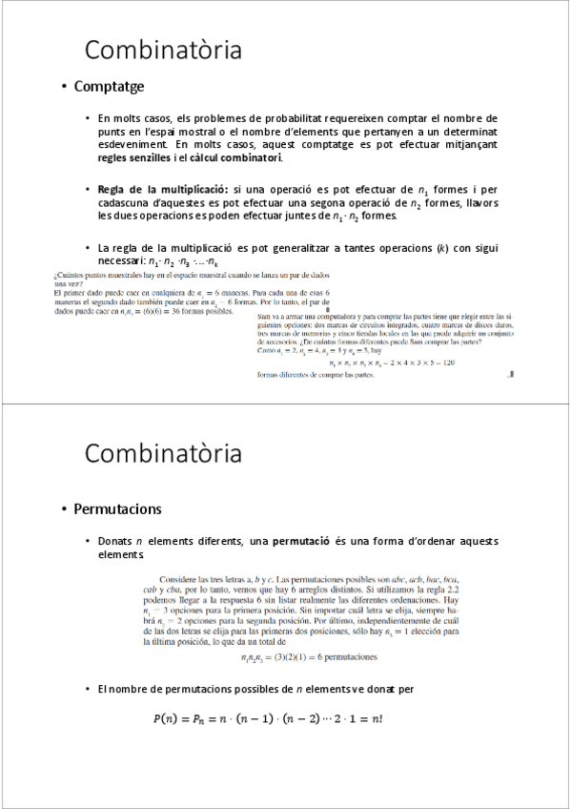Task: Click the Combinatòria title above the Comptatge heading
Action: [163, 50]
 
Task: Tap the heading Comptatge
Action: [109, 87]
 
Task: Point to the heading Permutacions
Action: [117, 508]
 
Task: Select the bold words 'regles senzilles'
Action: [134, 157]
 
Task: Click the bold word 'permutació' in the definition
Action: [301, 542]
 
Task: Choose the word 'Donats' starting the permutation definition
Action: [115, 542]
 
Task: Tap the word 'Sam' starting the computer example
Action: [265, 317]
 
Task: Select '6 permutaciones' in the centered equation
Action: [337, 657]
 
